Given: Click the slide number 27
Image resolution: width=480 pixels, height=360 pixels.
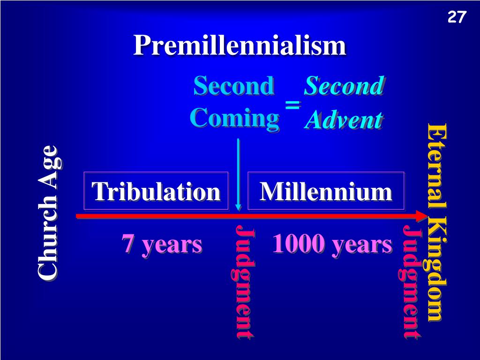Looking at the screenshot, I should click(x=457, y=17).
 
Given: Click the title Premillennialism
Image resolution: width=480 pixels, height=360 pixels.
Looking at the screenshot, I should click(x=240, y=46).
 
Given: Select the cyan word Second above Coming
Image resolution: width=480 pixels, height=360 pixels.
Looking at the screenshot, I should click(x=233, y=86).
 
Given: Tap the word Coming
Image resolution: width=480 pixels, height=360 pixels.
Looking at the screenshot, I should click(x=234, y=117).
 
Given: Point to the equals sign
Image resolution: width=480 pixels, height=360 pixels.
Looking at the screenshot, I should click(x=292, y=105).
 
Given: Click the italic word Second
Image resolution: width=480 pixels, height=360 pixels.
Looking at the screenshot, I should click(x=344, y=86).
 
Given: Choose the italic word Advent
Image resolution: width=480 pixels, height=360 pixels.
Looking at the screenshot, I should click(x=344, y=120).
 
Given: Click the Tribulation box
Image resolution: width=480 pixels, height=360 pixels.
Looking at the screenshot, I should click(x=156, y=191).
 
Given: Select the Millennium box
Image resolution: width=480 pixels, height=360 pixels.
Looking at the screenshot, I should click(x=326, y=191).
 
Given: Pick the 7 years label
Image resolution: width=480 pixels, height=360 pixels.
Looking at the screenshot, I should click(x=162, y=244).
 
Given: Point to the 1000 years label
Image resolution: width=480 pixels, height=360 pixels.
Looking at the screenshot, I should click(x=332, y=244).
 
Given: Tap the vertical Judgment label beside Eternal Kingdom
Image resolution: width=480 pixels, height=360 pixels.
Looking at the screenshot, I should click(x=412, y=283).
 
